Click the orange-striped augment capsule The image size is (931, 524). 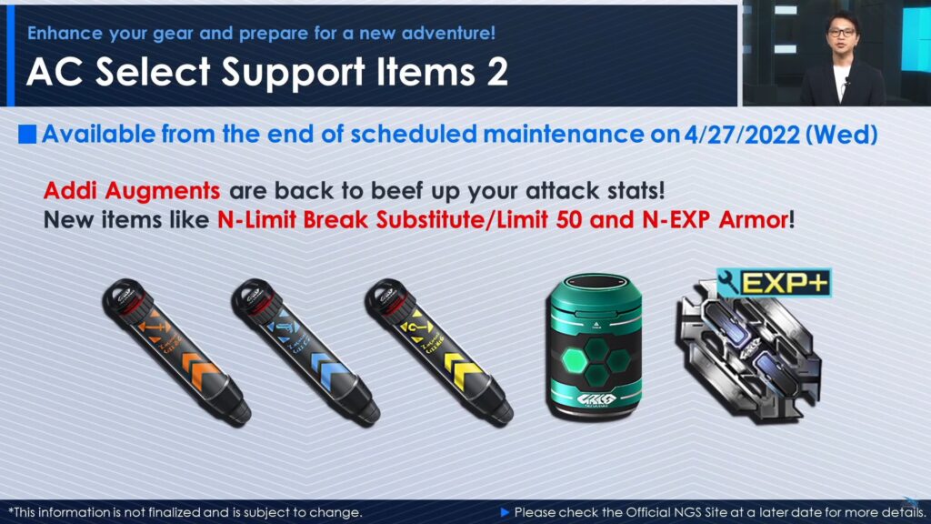[176, 352]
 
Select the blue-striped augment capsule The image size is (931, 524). [305, 352]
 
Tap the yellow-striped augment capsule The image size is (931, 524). [439, 352]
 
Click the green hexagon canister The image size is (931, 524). [596, 347]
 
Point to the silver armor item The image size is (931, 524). [748, 354]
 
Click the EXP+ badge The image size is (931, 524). [774, 283]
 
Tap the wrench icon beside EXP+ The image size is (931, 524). [728, 283]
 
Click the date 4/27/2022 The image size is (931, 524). [742, 135]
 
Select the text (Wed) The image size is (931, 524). [841, 135]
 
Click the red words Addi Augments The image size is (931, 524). [132, 191]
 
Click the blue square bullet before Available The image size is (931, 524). [27, 135]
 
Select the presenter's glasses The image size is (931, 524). [842, 32]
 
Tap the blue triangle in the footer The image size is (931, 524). [506, 512]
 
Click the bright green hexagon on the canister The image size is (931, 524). [575, 360]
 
